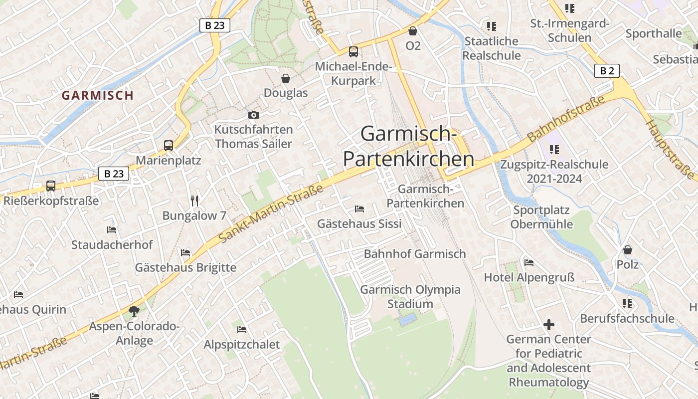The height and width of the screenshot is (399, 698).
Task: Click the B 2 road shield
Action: (x=607, y=71)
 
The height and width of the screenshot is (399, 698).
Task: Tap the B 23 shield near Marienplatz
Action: (x=114, y=174)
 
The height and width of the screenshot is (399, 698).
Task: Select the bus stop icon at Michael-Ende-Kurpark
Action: (x=353, y=51)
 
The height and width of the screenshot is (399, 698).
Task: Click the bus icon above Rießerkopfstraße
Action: (x=51, y=186)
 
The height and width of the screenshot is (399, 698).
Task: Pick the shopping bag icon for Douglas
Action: (x=286, y=78)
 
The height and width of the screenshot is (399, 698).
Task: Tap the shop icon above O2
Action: (x=413, y=31)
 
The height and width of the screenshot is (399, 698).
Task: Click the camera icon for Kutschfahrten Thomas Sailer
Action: (x=253, y=115)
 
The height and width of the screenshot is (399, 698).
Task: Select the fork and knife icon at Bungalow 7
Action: (x=194, y=201)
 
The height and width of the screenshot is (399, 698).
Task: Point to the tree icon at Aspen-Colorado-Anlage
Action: (x=134, y=312)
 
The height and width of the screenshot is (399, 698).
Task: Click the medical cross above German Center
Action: (x=548, y=325)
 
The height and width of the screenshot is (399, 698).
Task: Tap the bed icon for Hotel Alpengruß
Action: (x=529, y=262)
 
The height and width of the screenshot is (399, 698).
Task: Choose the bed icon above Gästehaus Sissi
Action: (x=359, y=208)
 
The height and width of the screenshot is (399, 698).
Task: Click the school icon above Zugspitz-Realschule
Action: (x=554, y=149)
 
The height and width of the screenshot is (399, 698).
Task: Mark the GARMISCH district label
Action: (x=98, y=95)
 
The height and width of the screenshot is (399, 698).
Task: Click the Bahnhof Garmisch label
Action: (x=415, y=254)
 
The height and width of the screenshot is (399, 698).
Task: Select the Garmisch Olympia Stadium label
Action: (x=410, y=297)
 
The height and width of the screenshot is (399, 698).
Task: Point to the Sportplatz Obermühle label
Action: (x=541, y=217)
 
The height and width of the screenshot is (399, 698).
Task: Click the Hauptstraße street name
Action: (x=670, y=149)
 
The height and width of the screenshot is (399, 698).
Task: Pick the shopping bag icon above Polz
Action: (x=628, y=249)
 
